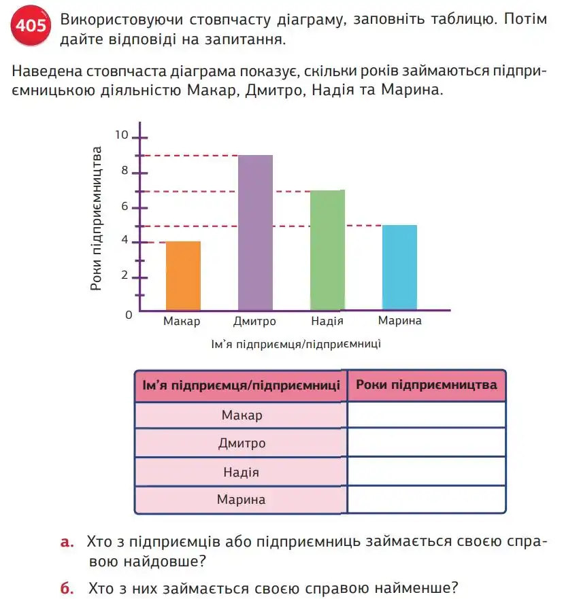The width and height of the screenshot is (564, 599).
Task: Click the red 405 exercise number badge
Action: coord(30,27)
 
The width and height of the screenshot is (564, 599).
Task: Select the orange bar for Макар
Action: coord(183,276)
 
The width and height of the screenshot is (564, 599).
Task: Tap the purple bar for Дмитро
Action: coord(255,233)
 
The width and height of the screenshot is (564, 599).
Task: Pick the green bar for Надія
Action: coord(327,250)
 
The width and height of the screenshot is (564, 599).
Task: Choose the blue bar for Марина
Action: coord(399,268)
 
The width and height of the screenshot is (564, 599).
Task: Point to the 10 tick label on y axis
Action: coord(122,135)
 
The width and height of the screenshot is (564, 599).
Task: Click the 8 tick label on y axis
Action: coord(125,171)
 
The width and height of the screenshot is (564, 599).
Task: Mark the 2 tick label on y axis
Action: coord(125,275)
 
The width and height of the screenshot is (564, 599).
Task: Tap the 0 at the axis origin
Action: coord(127,314)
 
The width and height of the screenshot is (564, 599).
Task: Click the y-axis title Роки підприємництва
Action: coord(97,218)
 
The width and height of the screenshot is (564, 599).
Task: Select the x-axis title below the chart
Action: coord(296,344)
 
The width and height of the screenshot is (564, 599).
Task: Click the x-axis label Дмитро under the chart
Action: coord(254,321)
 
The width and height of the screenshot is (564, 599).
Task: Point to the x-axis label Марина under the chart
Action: coord(400,321)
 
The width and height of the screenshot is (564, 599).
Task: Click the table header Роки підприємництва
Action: coord(426,385)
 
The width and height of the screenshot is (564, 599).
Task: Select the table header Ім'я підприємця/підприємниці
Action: coord(242,386)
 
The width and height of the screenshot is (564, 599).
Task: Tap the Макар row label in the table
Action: coord(242,415)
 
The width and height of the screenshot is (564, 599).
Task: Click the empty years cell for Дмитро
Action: coord(426,443)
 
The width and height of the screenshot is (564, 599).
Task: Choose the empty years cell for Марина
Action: coord(426,500)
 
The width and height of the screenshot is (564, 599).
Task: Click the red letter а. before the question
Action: coord(66,541)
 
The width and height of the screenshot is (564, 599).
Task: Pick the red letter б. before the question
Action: coord(66,587)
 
